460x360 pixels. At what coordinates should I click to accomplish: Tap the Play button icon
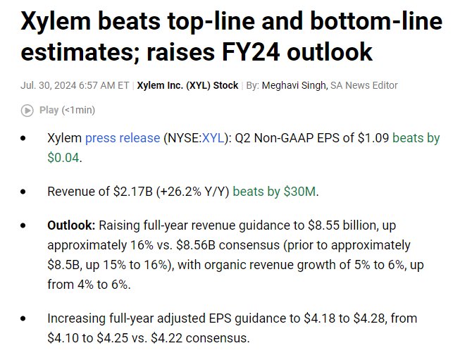[x=27, y=110]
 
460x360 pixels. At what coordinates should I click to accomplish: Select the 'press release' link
[x=123, y=138]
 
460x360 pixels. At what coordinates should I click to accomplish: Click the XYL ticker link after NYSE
[x=211, y=138]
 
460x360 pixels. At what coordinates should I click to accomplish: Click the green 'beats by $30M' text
[x=274, y=191]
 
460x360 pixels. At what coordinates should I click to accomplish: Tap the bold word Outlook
[x=71, y=226]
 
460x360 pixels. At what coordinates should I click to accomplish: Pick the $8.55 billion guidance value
[x=347, y=226]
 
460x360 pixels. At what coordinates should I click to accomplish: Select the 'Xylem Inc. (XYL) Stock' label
[x=187, y=85]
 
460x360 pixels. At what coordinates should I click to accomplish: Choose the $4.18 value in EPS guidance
[x=316, y=318]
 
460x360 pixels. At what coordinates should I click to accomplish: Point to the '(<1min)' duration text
[x=78, y=110]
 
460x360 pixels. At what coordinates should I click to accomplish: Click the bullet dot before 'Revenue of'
[x=25, y=192]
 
